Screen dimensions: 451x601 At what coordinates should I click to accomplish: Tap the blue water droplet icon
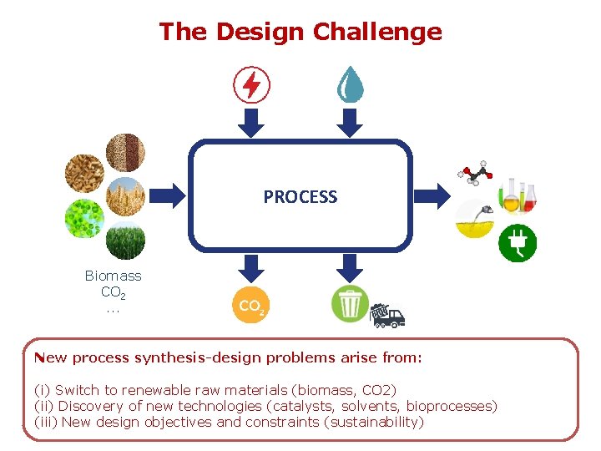pos(350,84)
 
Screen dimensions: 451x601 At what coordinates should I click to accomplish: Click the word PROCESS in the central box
pos(300,197)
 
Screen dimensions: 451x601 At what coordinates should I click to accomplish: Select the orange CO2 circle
pos(250,305)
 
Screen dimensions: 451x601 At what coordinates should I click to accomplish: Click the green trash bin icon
pos(350,304)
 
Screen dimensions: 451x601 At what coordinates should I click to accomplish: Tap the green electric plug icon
pos(518,243)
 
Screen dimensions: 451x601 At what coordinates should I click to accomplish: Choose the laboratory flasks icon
pos(518,195)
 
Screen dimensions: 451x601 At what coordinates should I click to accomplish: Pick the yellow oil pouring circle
pos(474,220)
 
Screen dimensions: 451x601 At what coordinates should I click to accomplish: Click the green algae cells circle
pos(85,219)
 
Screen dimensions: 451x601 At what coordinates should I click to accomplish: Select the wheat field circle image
pos(126,196)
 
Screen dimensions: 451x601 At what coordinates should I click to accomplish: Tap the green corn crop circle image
pos(125,241)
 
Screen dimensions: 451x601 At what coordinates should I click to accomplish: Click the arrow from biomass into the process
pos(170,196)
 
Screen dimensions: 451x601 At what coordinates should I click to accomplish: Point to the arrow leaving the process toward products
pos(432,196)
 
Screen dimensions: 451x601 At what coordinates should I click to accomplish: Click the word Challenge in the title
pos(377,32)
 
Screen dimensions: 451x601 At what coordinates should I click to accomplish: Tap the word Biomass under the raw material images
pos(114,276)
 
